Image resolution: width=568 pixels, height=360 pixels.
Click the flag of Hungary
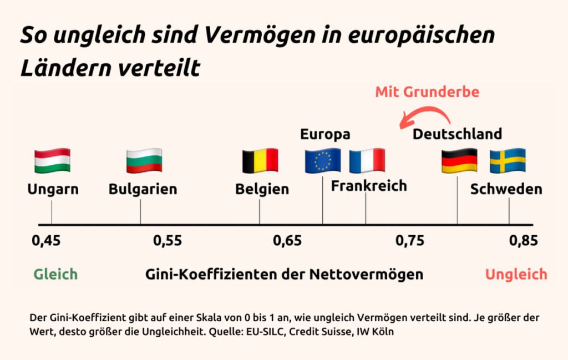click(x=52, y=160)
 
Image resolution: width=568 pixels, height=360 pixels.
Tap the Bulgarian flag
click(x=144, y=160)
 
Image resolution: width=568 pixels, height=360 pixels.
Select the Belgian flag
click(x=260, y=160)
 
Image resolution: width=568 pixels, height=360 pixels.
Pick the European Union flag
click(x=323, y=160)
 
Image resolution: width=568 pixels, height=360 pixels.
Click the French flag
click(x=367, y=160)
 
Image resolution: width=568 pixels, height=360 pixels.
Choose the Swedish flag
click(x=508, y=160)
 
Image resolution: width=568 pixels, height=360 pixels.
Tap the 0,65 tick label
click(x=287, y=241)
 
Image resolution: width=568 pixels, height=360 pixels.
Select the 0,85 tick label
click(x=524, y=241)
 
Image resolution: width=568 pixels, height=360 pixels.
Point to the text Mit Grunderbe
click(x=427, y=92)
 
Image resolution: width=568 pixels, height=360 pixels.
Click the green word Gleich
click(x=55, y=274)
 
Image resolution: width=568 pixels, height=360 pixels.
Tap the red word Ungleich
click(x=516, y=274)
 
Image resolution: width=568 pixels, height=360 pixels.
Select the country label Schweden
click(x=506, y=189)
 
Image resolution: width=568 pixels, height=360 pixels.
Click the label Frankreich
click(x=369, y=186)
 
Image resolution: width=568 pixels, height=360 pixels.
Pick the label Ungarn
click(x=53, y=189)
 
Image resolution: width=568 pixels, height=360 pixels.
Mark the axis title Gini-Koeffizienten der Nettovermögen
click(x=284, y=274)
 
